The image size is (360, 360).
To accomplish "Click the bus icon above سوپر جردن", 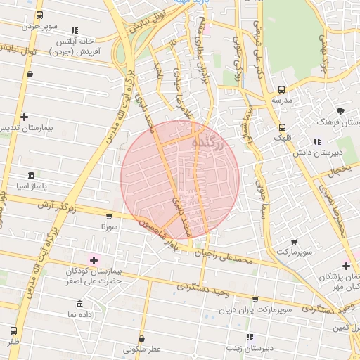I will pyautogui.click(x=39, y=15).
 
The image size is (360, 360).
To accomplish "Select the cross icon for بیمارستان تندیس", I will pyautogui.click(x=25, y=117).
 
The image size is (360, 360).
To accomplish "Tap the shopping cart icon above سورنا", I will pyautogui.click(x=108, y=217).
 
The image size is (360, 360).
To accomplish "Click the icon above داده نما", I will pyautogui.click(x=79, y=304).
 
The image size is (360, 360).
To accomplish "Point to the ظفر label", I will pyautogui.click(x=13, y=341).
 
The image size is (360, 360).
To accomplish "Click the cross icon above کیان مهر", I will pyautogui.click(x=345, y=265).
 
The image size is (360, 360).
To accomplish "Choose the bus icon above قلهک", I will pyautogui.click(x=282, y=127).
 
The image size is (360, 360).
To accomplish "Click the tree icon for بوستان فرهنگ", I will pyautogui.click(x=341, y=110).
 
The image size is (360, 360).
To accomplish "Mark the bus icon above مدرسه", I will pyautogui.click(x=282, y=89).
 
